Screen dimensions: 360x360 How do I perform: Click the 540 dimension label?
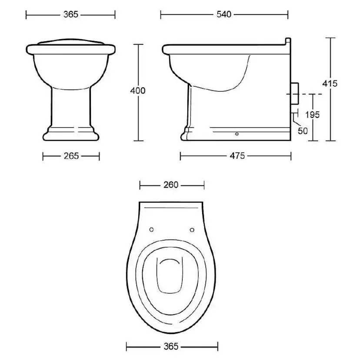pyautogui.click(x=224, y=14)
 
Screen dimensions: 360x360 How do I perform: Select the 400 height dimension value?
pyautogui.click(x=138, y=91)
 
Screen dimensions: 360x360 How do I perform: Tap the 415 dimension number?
pyautogui.click(x=330, y=83)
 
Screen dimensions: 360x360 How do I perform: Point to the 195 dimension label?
pyautogui.click(x=313, y=115)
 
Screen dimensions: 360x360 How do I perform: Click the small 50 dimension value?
pyautogui.click(x=303, y=131)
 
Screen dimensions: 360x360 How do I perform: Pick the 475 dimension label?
pyautogui.click(x=237, y=156)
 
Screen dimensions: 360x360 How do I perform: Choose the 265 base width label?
pyautogui.click(x=71, y=156)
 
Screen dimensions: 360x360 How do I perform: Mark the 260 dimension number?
pyautogui.click(x=171, y=185)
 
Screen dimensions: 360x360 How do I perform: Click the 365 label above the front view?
pyautogui.click(x=71, y=14)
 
